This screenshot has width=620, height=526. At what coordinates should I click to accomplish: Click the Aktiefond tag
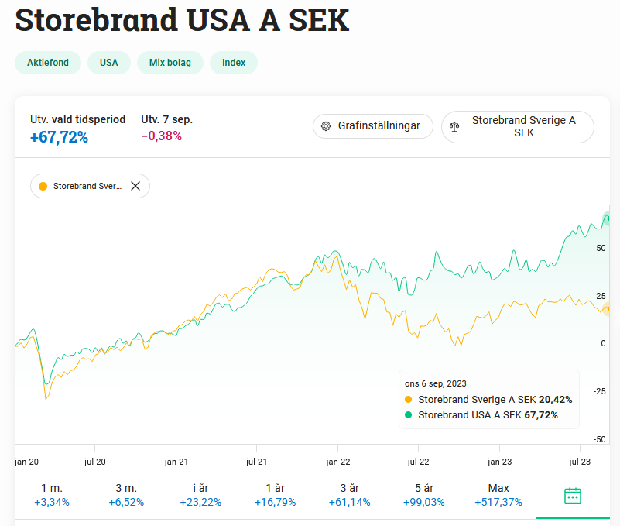(48, 63)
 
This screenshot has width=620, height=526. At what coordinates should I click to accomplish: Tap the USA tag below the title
(109, 63)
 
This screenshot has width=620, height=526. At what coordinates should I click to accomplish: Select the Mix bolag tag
(170, 63)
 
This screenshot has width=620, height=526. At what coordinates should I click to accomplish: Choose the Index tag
(234, 63)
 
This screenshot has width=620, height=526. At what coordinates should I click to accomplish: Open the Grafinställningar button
(372, 126)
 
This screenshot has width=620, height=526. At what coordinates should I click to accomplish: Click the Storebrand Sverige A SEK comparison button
(518, 126)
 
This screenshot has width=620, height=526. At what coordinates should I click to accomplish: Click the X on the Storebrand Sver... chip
(135, 186)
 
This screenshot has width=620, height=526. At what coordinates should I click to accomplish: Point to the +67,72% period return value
(60, 137)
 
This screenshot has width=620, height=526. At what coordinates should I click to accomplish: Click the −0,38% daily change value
(161, 136)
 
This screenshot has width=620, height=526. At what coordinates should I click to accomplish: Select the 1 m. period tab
(52, 495)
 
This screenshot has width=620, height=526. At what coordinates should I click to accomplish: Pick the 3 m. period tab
(126, 495)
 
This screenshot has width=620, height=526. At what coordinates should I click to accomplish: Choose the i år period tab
(200, 495)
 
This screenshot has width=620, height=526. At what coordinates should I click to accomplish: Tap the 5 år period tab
(424, 495)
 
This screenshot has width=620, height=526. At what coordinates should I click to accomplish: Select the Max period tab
(498, 495)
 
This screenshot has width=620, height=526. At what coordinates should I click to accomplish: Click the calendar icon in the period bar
(573, 496)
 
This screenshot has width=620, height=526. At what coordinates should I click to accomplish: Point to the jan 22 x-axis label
(338, 461)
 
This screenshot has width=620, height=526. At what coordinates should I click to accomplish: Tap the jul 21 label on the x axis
(257, 461)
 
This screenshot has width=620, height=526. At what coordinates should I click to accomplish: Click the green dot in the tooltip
(409, 415)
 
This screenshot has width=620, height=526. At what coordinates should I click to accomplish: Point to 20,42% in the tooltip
(556, 400)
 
